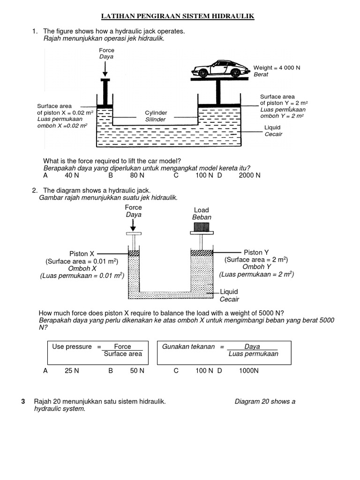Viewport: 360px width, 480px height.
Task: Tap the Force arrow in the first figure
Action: coord(105,69)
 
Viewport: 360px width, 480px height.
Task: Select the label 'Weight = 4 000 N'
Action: coord(277,67)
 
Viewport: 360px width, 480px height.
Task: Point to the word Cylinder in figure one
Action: coord(156,113)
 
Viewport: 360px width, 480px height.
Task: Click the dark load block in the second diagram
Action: coord(202,227)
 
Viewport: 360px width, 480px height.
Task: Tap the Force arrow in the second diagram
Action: coord(134,225)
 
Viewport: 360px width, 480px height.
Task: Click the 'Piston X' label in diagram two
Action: coord(82,254)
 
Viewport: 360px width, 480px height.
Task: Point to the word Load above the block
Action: coord(201,210)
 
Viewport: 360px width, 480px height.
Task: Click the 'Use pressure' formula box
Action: coord(98,350)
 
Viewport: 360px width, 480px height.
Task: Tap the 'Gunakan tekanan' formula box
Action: coord(224,350)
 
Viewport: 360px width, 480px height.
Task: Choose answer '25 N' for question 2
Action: coord(72,371)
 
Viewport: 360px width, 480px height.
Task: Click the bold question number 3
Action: coord(23,401)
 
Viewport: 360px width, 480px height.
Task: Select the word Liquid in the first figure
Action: coord(272,127)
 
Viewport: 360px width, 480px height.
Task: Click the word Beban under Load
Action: coord(202,217)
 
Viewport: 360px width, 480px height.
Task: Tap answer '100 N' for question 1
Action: coord(204,175)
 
